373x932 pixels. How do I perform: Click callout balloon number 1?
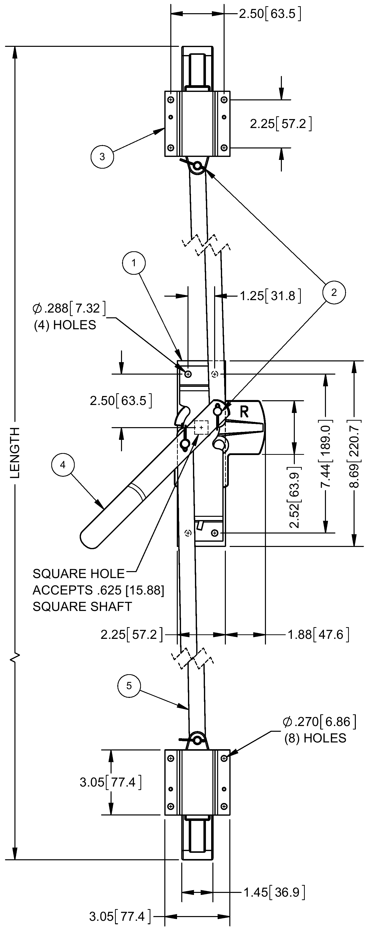(134, 263)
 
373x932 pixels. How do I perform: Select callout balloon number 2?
(334, 292)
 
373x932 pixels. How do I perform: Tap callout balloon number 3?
(102, 157)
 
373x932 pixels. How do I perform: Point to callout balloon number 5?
(129, 686)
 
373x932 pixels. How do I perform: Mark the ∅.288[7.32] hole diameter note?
(69, 308)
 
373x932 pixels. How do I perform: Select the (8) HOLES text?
(315, 738)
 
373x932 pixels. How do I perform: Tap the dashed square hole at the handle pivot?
(201, 427)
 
